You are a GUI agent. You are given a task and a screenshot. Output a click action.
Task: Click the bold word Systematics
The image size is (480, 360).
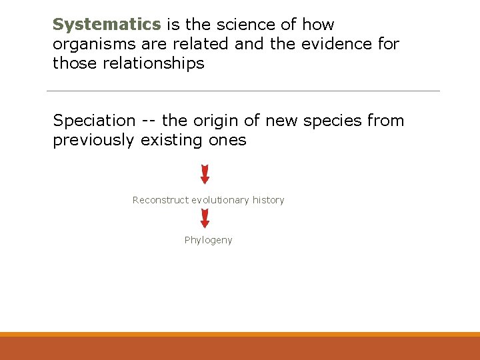pyautogui.click(x=107, y=25)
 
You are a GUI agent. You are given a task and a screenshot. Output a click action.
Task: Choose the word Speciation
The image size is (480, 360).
pyautogui.click(x=94, y=121)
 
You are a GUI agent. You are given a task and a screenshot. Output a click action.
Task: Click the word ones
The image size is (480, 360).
pyautogui.click(x=228, y=140)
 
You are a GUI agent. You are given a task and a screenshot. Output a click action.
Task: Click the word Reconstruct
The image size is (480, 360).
pyautogui.click(x=161, y=200)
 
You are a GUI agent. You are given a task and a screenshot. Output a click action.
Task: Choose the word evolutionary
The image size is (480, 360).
pyautogui.click(x=220, y=200)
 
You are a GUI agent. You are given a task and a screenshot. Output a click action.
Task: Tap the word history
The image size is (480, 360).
pyautogui.click(x=268, y=200)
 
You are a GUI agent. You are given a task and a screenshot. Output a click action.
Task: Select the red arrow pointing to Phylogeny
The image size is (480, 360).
pyautogui.click(x=205, y=218)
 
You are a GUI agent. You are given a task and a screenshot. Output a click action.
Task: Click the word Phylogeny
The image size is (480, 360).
pyautogui.click(x=209, y=240)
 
